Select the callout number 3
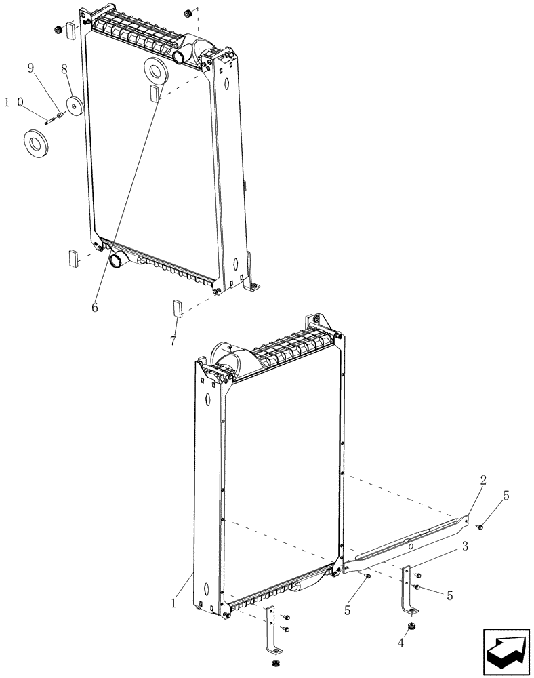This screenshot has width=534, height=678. (x=465, y=546)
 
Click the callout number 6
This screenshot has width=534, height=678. (x=94, y=307)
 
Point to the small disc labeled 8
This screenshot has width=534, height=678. (x=74, y=108)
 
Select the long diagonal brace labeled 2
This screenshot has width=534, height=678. (x=407, y=546)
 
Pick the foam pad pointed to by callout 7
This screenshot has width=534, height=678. (x=178, y=308)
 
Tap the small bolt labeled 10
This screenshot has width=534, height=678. (x=49, y=121)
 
